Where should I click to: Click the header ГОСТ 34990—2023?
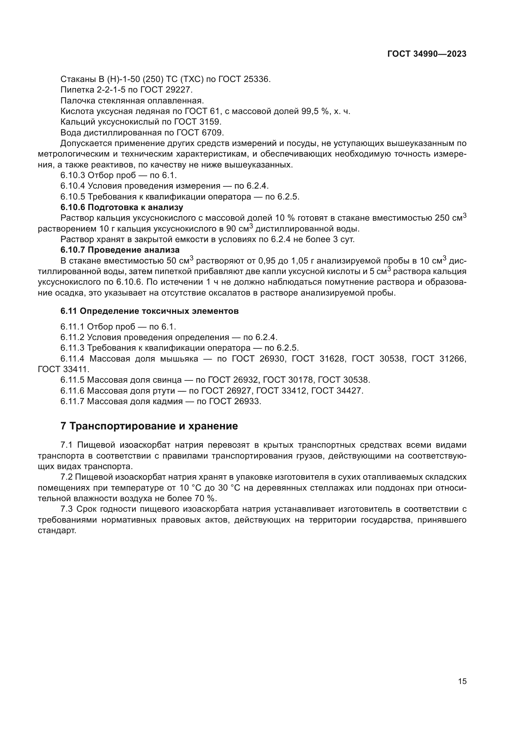tap(427, 54)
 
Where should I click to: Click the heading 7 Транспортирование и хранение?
tap(149, 426)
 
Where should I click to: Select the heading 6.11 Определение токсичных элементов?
tap(149, 311)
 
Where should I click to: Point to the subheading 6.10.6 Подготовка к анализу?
tap(122, 207)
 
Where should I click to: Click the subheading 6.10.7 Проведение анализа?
tap(120, 250)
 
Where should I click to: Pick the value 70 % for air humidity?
tap(208, 499)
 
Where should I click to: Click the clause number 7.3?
tap(67, 509)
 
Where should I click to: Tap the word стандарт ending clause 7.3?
tap(57, 530)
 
